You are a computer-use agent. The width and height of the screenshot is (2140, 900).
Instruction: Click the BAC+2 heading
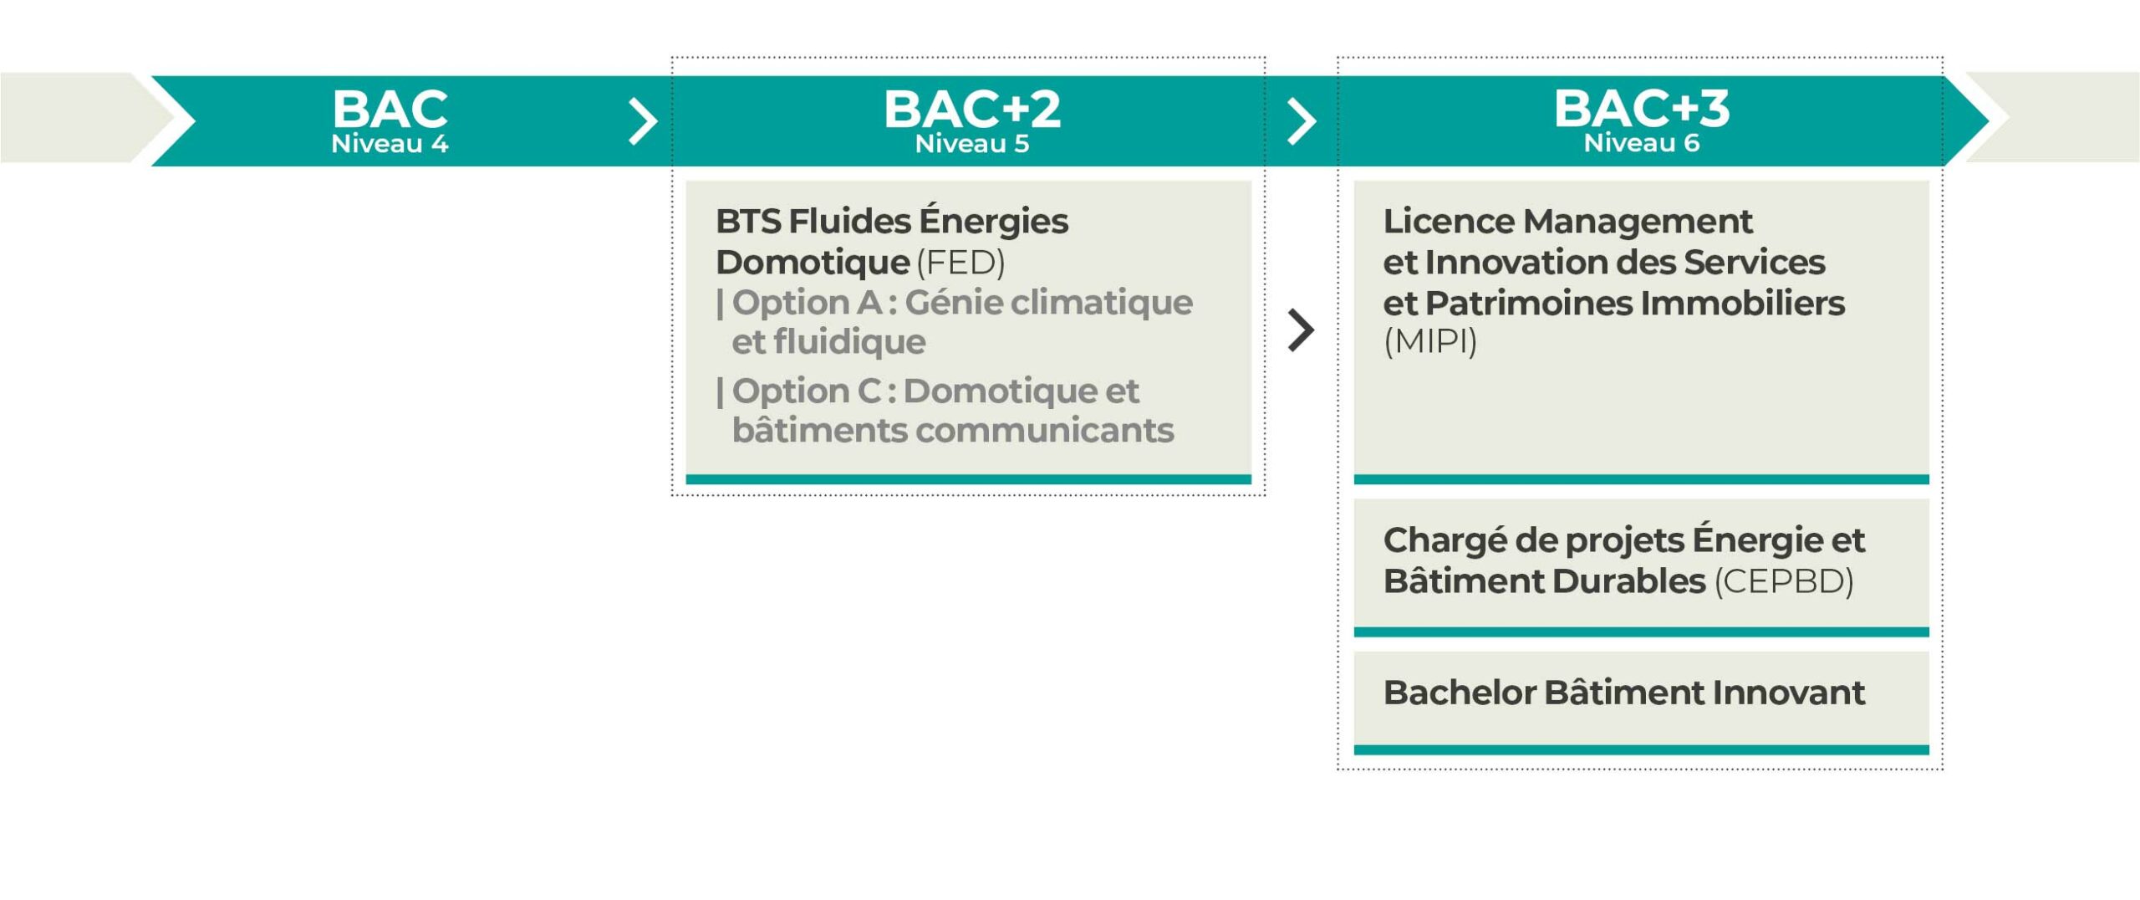tap(972, 109)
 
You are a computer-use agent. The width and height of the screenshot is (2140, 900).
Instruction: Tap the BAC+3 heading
tap(1642, 109)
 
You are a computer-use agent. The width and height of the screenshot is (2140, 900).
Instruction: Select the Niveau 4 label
tap(390, 144)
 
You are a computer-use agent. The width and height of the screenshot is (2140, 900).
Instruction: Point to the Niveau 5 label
tap(972, 144)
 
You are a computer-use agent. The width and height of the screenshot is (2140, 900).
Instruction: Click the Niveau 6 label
tap(1642, 143)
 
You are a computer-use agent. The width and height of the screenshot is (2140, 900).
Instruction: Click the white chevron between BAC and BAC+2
tap(643, 122)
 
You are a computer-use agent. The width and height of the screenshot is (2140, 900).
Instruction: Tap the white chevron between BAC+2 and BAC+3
tap(1302, 122)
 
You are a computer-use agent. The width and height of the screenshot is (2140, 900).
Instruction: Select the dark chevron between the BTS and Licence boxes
tap(1302, 330)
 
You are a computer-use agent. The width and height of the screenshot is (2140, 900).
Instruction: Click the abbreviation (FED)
tap(960, 263)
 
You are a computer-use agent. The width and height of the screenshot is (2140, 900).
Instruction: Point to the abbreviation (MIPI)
tap(1430, 341)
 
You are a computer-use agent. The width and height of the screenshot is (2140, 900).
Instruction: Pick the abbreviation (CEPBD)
tap(1784, 581)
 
